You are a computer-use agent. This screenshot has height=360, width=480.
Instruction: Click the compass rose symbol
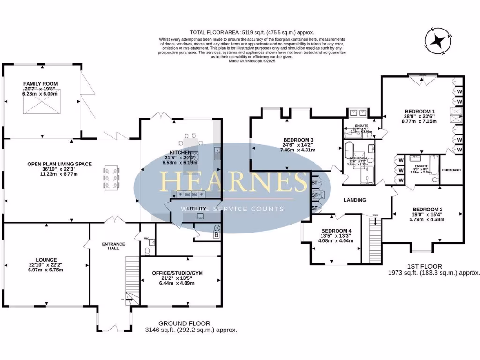(437, 41)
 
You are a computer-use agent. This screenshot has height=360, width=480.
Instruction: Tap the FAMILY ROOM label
(40, 84)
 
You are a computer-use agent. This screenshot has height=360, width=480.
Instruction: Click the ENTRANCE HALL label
(114, 244)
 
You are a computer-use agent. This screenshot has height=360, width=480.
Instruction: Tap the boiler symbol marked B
(217, 235)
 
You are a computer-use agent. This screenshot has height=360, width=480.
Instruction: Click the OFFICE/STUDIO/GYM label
(180, 272)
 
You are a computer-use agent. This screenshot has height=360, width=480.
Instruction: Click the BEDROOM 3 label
(298, 140)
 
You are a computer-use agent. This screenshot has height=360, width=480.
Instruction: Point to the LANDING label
(355, 200)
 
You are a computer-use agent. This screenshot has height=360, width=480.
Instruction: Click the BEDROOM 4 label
(336, 231)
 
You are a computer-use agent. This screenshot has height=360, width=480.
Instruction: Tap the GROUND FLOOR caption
(184, 323)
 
